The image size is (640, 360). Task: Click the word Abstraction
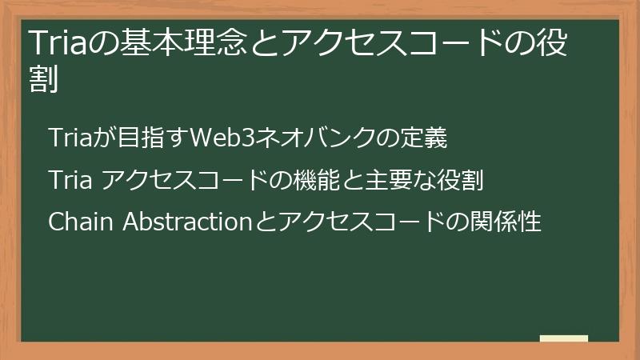click(x=186, y=221)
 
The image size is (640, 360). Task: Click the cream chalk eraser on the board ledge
click(x=564, y=339)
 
